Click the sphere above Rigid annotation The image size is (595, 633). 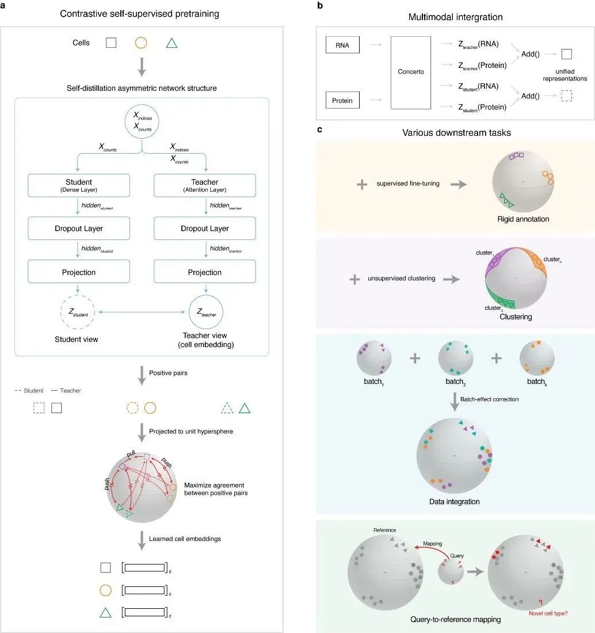523,182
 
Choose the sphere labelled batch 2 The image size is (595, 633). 455,358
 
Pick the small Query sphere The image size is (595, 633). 451,571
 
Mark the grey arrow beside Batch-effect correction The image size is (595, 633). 455,402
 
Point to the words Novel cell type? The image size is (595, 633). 548,613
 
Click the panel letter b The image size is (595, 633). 320,6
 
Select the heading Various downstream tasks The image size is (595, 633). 456,132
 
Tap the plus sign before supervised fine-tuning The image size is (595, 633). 362,185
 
